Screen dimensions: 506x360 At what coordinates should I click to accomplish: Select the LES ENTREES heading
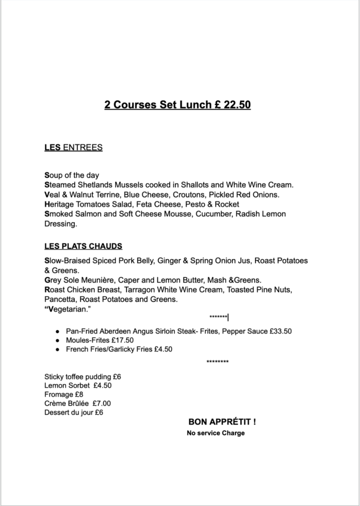(73, 147)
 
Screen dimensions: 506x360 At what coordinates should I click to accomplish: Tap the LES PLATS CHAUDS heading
(83, 246)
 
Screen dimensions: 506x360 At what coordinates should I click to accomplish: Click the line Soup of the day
(72, 175)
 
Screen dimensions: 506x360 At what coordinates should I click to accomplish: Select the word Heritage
(60, 204)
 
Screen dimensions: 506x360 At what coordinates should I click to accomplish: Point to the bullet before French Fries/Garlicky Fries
(58, 349)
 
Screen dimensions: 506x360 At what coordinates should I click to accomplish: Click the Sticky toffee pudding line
(83, 377)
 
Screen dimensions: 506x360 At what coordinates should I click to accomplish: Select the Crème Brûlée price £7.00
(100, 403)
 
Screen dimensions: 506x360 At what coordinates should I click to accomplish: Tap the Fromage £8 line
(64, 394)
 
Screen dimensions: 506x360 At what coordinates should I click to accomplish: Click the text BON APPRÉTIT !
(222, 422)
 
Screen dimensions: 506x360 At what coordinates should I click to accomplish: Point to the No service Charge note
(216, 433)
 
